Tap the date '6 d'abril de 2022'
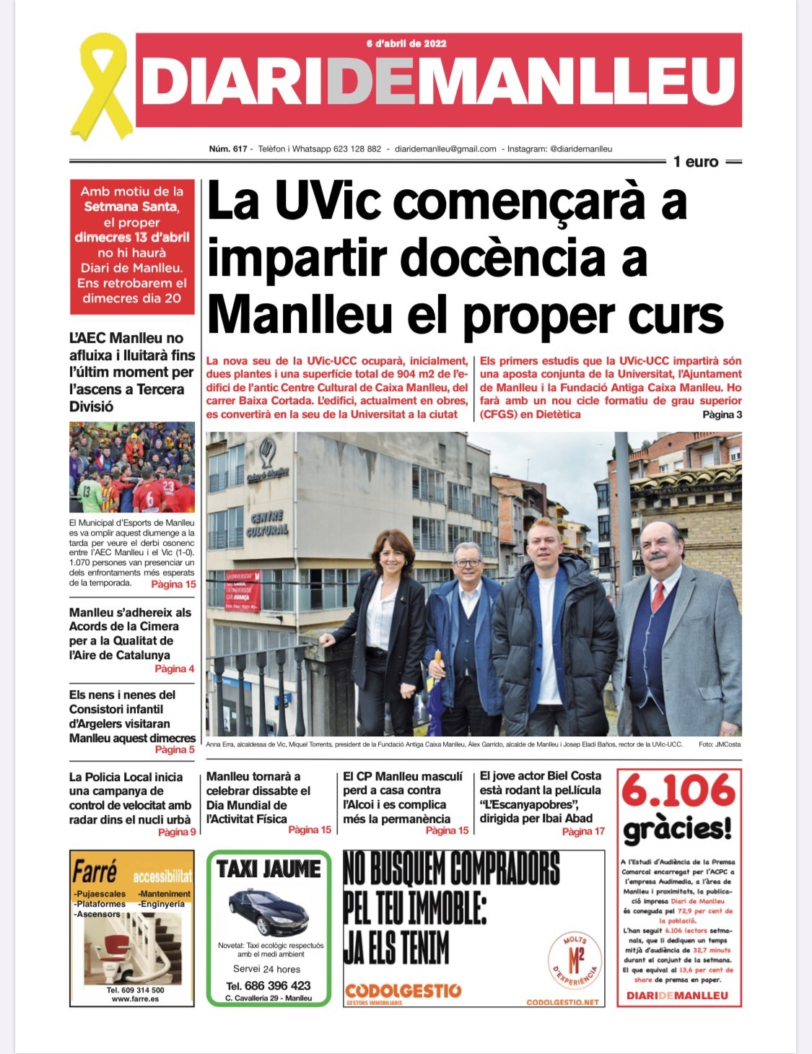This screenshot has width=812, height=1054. tap(406, 43)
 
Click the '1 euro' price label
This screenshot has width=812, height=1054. tap(696, 162)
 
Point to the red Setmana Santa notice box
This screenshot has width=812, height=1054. tap(132, 245)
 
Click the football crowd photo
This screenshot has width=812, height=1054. tap(132, 466)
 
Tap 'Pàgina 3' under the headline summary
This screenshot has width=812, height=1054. tap(722, 414)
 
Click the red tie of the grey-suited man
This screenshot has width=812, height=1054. tap(658, 596)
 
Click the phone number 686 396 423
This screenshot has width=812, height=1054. tap(269, 985)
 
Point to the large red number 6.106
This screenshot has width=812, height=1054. tap(678, 791)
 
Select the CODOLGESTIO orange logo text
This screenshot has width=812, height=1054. tap(403, 990)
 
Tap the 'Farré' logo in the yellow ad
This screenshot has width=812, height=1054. tap(95, 872)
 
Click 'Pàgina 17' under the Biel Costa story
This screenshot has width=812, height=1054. tap(583, 832)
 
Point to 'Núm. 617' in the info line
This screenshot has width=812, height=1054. tap(228, 149)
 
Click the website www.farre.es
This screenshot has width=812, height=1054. tap(135, 999)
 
